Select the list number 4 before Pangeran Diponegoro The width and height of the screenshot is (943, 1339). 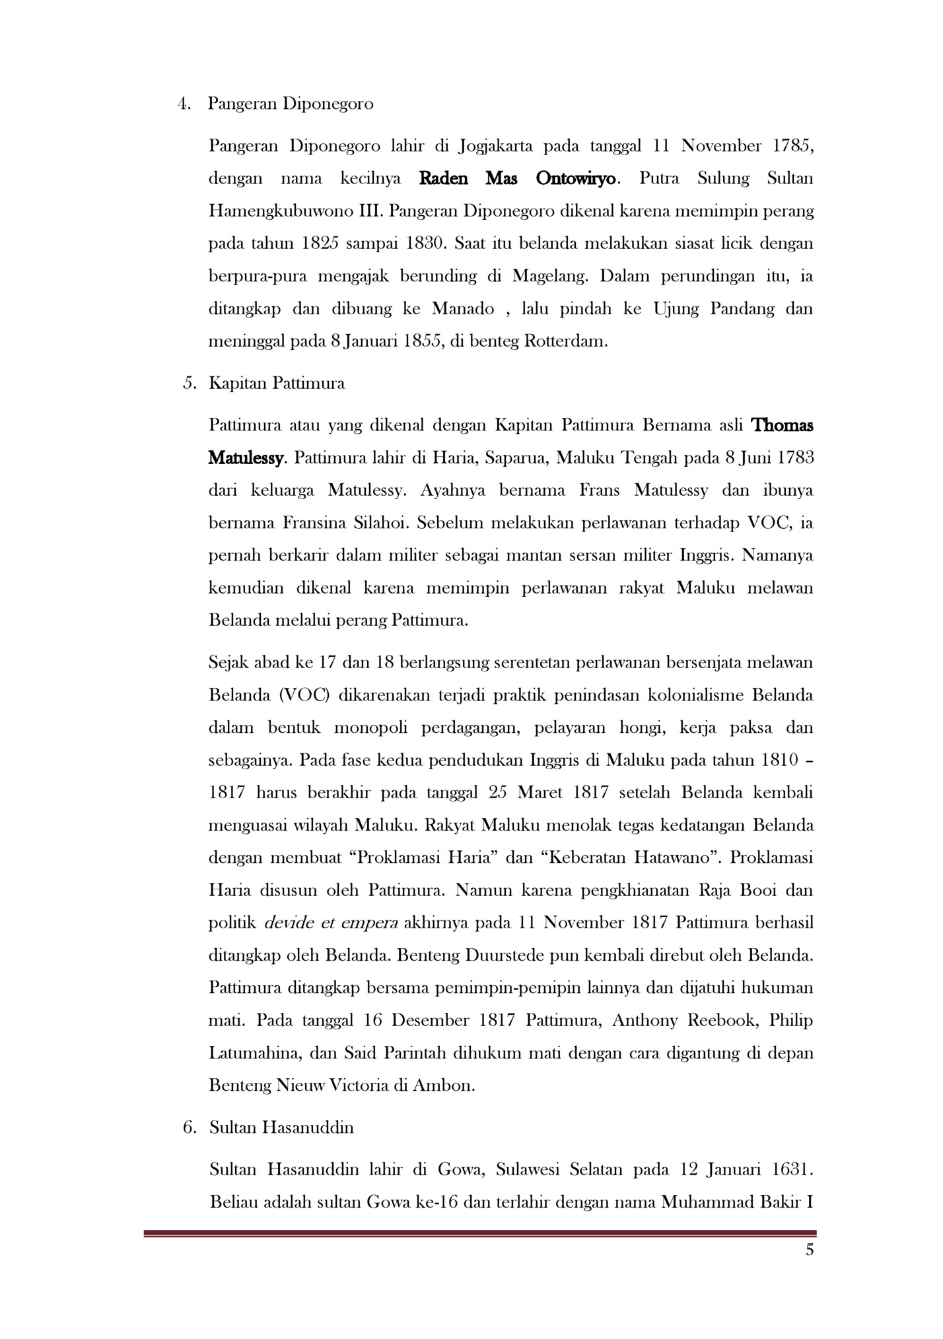184,104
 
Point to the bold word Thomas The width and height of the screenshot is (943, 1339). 783,425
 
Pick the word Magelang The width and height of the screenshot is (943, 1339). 549,276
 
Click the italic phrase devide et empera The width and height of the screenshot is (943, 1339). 331,922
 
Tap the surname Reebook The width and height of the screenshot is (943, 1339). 722,1020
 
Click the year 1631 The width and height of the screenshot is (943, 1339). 792,1169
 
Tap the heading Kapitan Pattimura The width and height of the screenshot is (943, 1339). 277,383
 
